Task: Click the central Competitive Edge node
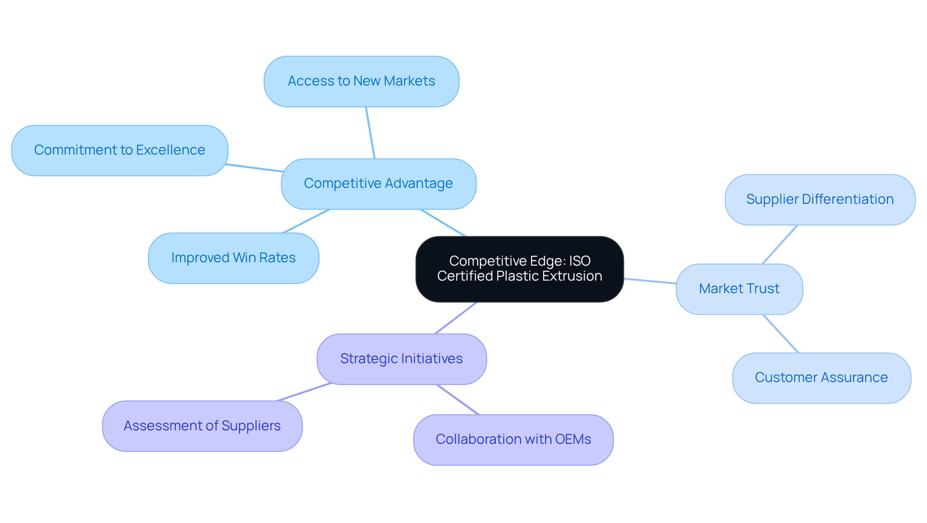[x=520, y=269]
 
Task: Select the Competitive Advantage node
[x=379, y=184]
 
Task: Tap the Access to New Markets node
[x=361, y=81]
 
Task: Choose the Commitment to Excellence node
[x=119, y=150]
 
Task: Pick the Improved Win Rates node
[x=233, y=258]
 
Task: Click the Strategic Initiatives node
[x=401, y=359]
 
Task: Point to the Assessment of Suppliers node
[x=202, y=426]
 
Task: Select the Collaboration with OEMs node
[x=513, y=439]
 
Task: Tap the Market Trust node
[x=739, y=289]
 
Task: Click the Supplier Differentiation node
[x=820, y=199]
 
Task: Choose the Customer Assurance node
[x=821, y=378]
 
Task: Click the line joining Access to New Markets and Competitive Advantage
[x=370, y=133]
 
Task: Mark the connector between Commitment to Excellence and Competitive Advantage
[x=254, y=168]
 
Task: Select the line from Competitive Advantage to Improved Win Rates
[x=306, y=221]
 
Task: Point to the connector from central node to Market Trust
[x=650, y=281]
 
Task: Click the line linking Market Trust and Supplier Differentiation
[x=780, y=244]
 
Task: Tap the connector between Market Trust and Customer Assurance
[x=781, y=334]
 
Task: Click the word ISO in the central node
[x=579, y=261]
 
